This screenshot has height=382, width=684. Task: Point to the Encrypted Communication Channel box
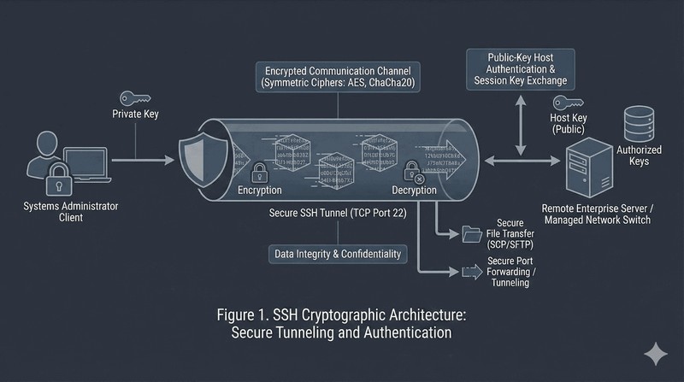337,75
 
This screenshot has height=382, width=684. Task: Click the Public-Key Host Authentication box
517,69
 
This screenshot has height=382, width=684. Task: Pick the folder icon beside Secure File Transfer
471,232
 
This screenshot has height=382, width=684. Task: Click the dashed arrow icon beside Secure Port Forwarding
471,272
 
